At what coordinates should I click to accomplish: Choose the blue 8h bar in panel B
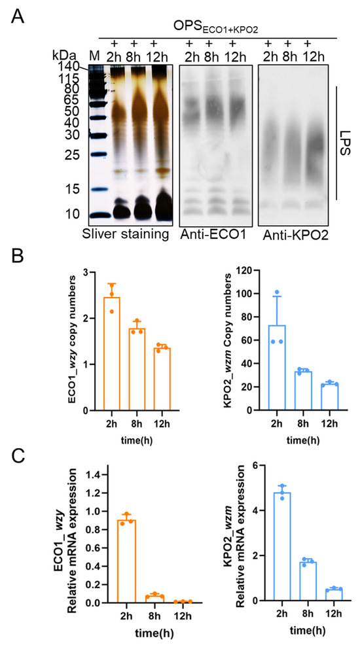point(302,391)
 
